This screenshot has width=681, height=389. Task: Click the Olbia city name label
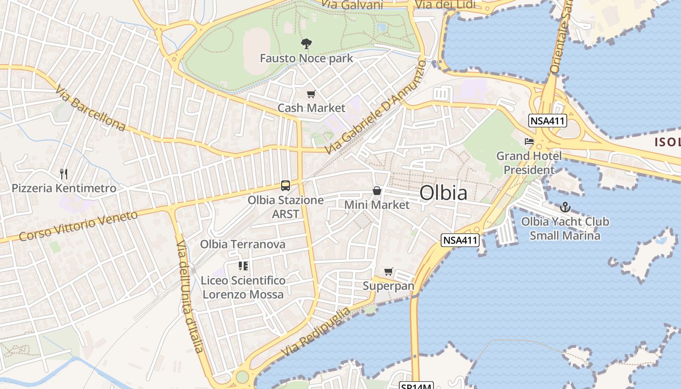click(443, 193)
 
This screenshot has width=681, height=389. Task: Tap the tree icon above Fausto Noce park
click(306, 44)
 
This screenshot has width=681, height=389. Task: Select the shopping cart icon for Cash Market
click(311, 94)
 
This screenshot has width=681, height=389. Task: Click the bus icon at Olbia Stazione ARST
click(286, 186)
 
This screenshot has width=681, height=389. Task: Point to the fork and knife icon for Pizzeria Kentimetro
click(63, 174)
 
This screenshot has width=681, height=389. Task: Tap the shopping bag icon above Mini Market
click(377, 191)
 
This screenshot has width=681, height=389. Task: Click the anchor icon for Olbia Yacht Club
click(565, 208)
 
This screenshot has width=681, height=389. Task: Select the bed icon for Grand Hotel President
click(529, 142)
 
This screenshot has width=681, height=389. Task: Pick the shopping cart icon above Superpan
click(388, 271)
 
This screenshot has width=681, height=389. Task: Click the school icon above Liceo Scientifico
click(243, 266)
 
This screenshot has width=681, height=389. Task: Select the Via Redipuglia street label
click(315, 331)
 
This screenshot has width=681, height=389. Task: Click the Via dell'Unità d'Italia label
click(189, 296)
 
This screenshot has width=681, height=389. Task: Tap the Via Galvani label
click(353, 5)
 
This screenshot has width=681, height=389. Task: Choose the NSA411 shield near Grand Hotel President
click(548, 121)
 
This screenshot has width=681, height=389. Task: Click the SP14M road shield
click(416, 386)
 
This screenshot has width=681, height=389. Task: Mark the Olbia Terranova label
click(243, 244)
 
